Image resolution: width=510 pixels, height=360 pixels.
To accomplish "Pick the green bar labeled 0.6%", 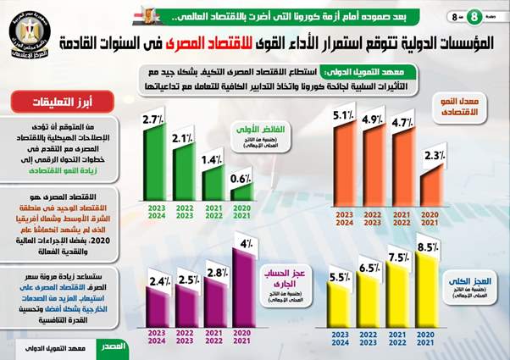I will point(241,191).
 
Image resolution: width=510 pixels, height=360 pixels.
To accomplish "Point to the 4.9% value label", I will point(374,119).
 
